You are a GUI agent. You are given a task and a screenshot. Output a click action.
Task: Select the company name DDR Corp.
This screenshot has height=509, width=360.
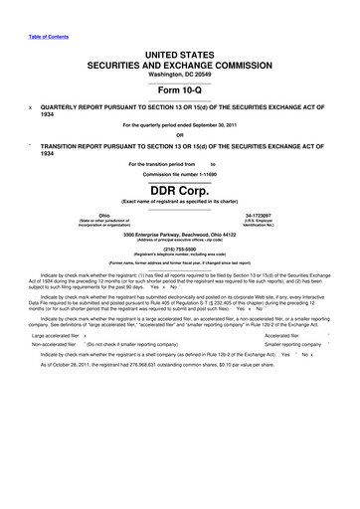click(179, 190)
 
